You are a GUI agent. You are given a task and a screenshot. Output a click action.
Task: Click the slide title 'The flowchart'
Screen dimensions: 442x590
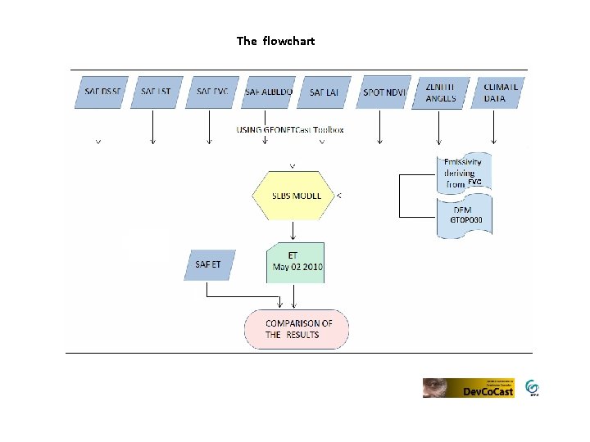(275, 41)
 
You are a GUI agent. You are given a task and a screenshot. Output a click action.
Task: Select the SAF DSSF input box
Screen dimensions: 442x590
(102, 92)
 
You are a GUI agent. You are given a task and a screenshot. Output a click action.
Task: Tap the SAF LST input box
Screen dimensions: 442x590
(156, 92)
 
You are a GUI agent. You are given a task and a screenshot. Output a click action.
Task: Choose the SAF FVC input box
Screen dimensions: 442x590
(211, 92)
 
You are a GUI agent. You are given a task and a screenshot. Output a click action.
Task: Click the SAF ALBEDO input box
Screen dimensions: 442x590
(268, 92)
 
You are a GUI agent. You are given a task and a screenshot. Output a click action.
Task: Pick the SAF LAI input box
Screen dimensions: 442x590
(324, 92)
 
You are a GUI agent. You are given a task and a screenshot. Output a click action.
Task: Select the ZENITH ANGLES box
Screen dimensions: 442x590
(441, 92)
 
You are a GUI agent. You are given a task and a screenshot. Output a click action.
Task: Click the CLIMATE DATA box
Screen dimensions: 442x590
(500, 92)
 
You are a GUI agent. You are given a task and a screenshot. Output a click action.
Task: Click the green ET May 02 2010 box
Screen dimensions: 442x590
(296, 262)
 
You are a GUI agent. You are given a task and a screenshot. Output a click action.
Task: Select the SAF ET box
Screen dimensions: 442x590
(209, 264)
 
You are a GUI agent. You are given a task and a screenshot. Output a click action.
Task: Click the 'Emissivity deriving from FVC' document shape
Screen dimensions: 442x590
(465, 172)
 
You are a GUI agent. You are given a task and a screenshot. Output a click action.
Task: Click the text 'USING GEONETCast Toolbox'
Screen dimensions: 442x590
(289, 129)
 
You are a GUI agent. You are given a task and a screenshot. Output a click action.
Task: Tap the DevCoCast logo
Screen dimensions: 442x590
(468, 388)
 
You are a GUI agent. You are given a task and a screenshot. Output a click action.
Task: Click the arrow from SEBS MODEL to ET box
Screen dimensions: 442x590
(294, 231)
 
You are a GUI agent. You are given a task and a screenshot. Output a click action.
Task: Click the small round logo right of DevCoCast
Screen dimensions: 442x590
(533, 387)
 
